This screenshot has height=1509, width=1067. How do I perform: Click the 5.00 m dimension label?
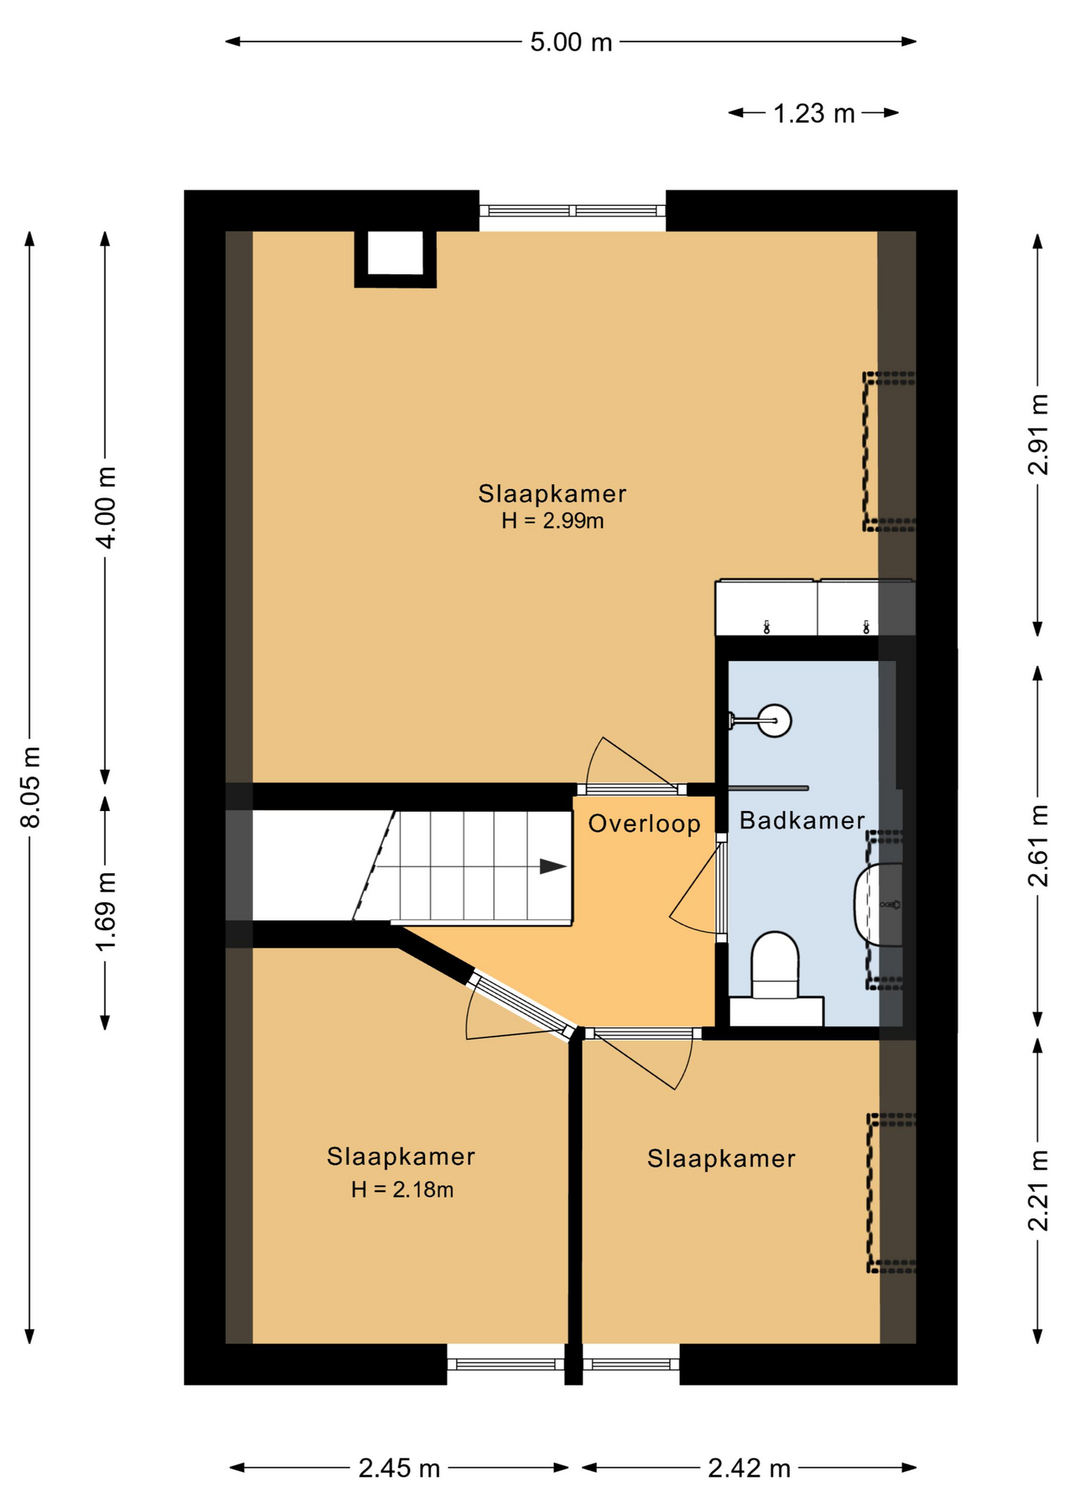[570, 42]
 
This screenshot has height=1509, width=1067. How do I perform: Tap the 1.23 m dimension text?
[813, 113]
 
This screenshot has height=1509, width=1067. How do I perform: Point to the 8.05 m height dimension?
[30, 787]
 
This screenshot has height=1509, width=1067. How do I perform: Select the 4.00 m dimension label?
[105, 507]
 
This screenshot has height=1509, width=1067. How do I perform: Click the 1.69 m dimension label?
[105, 911]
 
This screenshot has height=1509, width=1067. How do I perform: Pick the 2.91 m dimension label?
[1038, 434]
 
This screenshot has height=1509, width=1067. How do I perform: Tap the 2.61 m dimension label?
[1038, 846]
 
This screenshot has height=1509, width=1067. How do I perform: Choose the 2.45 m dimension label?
[399, 1467]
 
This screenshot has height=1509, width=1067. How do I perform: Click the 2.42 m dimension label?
[749, 1467]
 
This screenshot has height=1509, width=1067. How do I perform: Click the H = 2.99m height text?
[552, 520]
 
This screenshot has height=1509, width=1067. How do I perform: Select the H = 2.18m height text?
[402, 1189]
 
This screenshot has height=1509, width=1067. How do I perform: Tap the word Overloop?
[644, 824]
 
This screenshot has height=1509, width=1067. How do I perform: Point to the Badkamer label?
[802, 821]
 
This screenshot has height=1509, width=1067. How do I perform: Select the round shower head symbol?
[775, 720]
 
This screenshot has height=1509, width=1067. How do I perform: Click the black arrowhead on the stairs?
[553, 866]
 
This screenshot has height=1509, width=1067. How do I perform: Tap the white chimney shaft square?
[396, 252]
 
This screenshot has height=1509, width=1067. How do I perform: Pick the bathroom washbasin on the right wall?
[878, 904]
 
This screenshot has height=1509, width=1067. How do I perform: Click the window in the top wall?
[573, 211]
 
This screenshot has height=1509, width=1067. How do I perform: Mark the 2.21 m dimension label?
[1038, 1191]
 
